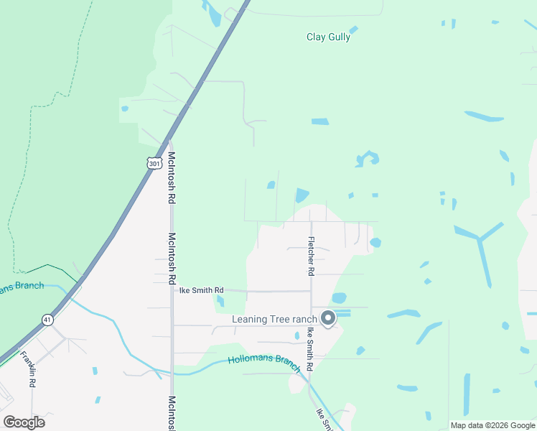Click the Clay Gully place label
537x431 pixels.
coord(328,37)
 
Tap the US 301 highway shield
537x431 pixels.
coord(154,163)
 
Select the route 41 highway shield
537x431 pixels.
coord(47,320)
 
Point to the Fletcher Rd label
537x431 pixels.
coord(311,256)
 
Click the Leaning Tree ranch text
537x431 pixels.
coord(274,319)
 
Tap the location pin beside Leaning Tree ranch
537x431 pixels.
coord(329,318)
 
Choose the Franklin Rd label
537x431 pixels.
coord(28,369)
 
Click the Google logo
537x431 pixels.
coord(24,422)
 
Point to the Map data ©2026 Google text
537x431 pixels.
coord(492,425)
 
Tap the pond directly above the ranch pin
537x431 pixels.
coord(339,297)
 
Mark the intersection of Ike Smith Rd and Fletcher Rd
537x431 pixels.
coord(311,291)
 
